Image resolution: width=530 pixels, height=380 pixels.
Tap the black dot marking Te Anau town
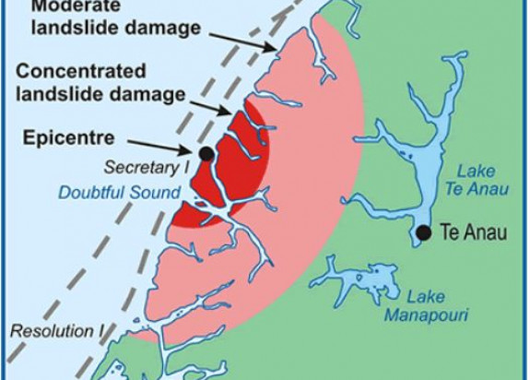[x=423, y=232]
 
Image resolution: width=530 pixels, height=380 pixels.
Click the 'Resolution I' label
[x=43, y=329]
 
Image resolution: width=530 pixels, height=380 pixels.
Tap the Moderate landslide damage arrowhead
[x=276, y=51]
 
